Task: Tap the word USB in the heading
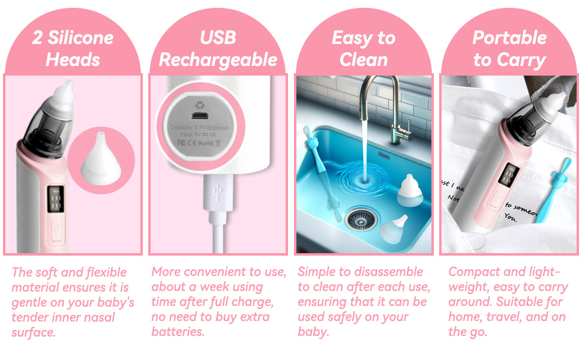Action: coord(218,37)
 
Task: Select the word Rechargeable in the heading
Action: coord(218,60)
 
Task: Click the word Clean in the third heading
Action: coord(364,60)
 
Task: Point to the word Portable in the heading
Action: coord(509,37)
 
